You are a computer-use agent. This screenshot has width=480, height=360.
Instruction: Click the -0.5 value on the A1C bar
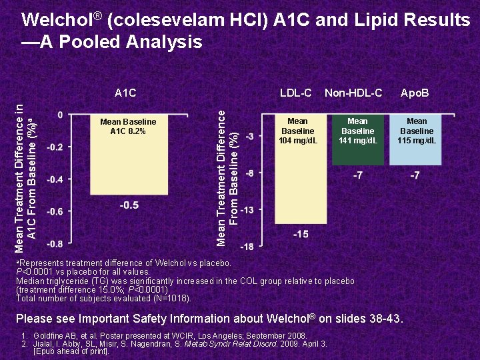click(129, 205)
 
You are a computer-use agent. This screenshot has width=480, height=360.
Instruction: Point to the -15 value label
click(300, 234)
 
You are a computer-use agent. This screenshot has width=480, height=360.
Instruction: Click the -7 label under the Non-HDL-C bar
click(358, 176)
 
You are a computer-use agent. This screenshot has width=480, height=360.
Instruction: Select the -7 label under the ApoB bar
click(415, 176)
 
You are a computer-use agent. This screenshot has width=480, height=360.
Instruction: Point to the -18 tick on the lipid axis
click(247, 247)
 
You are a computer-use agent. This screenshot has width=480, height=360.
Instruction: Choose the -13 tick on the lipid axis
click(247, 210)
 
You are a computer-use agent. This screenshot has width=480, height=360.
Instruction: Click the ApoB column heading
click(415, 93)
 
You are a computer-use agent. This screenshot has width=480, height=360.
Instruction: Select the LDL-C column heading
click(296, 93)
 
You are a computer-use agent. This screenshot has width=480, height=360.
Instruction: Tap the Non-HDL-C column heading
click(353, 93)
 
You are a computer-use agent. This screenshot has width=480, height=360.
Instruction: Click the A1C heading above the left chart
click(125, 93)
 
